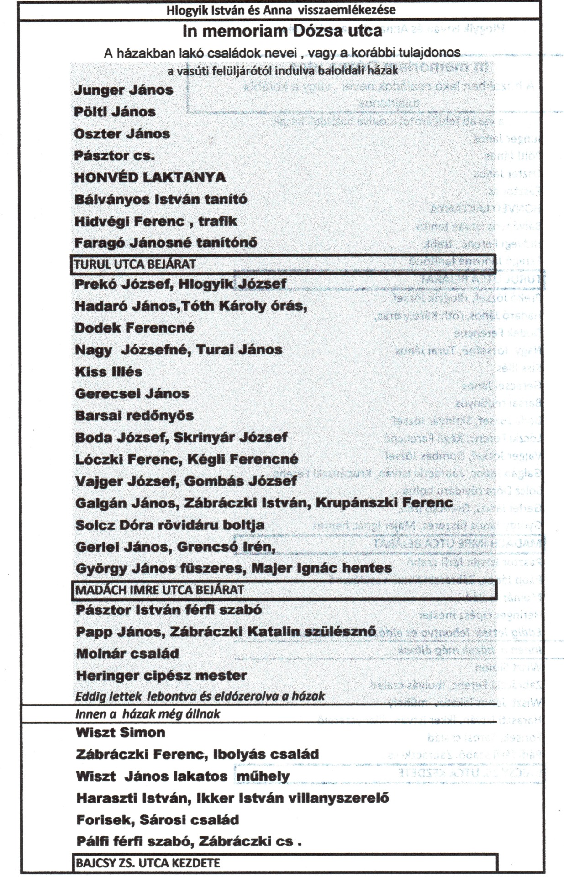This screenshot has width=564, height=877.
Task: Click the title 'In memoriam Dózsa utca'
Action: pyautogui.click(x=282, y=32)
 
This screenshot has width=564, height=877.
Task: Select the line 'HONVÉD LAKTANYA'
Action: pyautogui.click(x=150, y=177)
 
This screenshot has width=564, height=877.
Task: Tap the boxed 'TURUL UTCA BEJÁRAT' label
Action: pyautogui.click(x=135, y=264)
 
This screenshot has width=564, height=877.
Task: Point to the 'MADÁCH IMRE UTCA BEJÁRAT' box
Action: pyautogui.click(x=159, y=590)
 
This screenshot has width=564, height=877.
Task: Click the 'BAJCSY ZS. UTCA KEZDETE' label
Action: pyautogui.click(x=148, y=863)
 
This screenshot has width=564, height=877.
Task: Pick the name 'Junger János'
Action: pyautogui.click(x=123, y=90)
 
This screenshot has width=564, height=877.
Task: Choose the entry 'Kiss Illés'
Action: pyautogui.click(x=109, y=372)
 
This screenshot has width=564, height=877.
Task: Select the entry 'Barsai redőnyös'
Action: pyautogui.click(x=134, y=416)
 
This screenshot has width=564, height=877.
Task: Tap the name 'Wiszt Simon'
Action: pyautogui.click(x=121, y=733)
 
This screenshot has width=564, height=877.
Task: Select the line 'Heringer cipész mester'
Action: pyautogui.click(x=161, y=676)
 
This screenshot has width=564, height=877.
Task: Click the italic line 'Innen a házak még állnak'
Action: pyautogui.click(x=148, y=714)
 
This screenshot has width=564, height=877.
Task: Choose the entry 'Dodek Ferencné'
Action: pyautogui.click(x=135, y=328)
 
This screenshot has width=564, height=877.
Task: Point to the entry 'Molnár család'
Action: pyautogui.click(x=127, y=654)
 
